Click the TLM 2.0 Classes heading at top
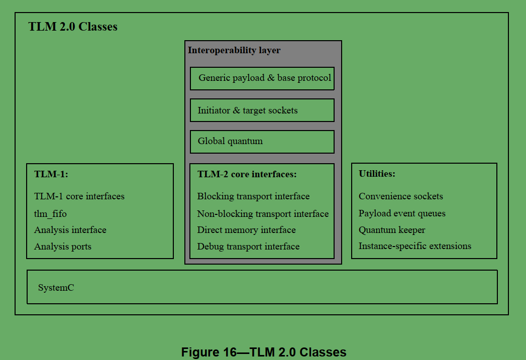(x=73, y=27)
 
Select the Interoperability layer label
(x=234, y=50)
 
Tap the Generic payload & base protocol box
(x=262, y=78)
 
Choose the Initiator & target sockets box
(x=262, y=110)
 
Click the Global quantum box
(x=262, y=142)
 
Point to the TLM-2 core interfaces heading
(x=247, y=174)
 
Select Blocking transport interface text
(x=253, y=196)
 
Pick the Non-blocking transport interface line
(x=263, y=214)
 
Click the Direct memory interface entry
(x=246, y=230)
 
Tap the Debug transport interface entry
(x=248, y=247)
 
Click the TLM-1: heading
(x=51, y=174)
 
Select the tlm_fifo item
(x=50, y=214)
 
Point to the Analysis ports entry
(x=63, y=247)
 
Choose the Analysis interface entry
(x=70, y=230)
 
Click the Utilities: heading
(x=377, y=174)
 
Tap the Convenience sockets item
(x=401, y=196)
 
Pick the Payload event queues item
(x=402, y=213)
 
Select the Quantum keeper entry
(x=392, y=230)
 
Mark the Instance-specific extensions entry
(x=415, y=246)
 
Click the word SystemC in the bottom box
(x=56, y=288)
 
